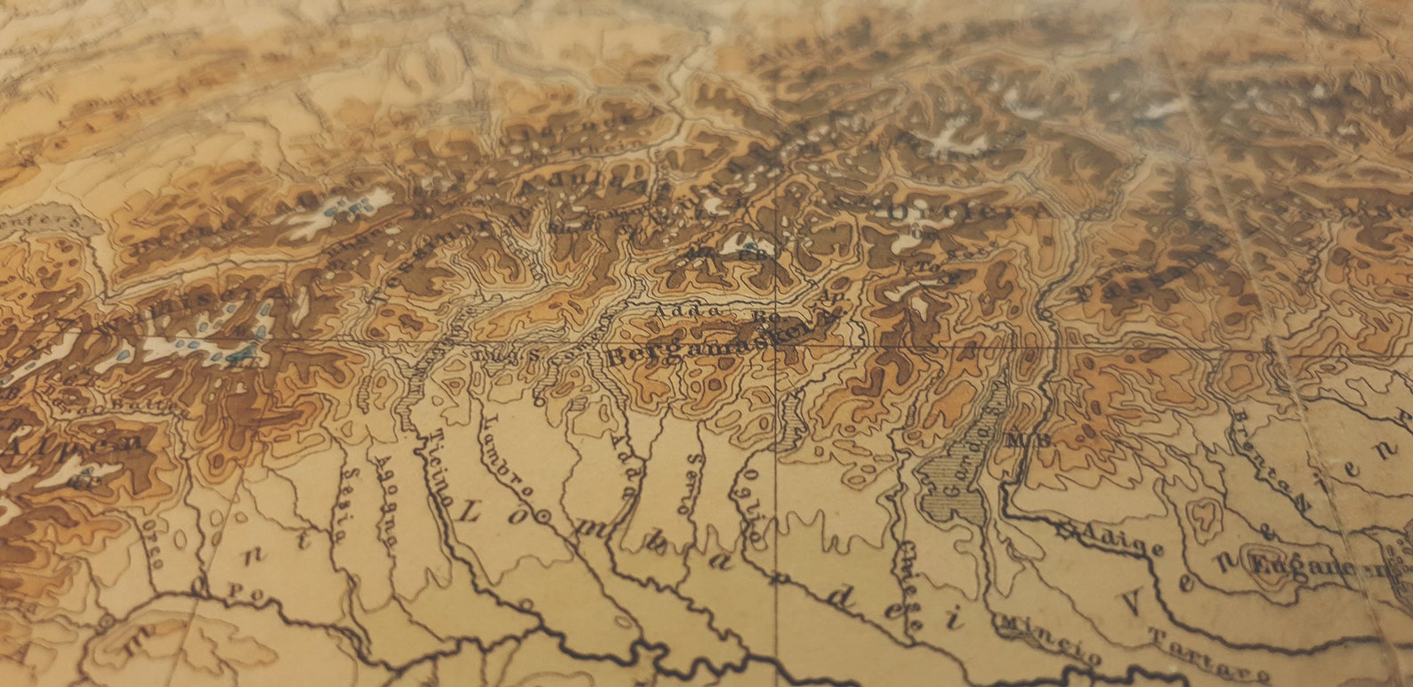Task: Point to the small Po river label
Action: [237, 590]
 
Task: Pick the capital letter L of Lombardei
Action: [472, 511]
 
